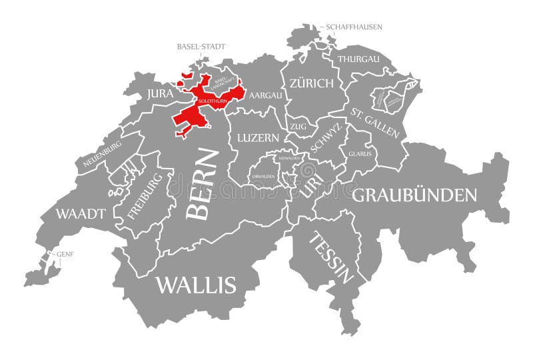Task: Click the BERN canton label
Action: tap(202, 184)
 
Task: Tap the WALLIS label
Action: tap(196, 285)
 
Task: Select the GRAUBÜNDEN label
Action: tap(414, 195)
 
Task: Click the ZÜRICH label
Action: tap(311, 83)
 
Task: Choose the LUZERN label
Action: tap(258, 138)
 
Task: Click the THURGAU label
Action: tap(358, 59)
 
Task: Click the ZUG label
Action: tap(298, 125)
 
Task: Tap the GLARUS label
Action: tap(360, 153)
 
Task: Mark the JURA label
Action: tap(160, 94)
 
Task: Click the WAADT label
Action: tap(81, 213)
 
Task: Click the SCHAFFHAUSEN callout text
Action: tap(354, 27)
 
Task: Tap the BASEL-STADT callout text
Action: tap(201, 47)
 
